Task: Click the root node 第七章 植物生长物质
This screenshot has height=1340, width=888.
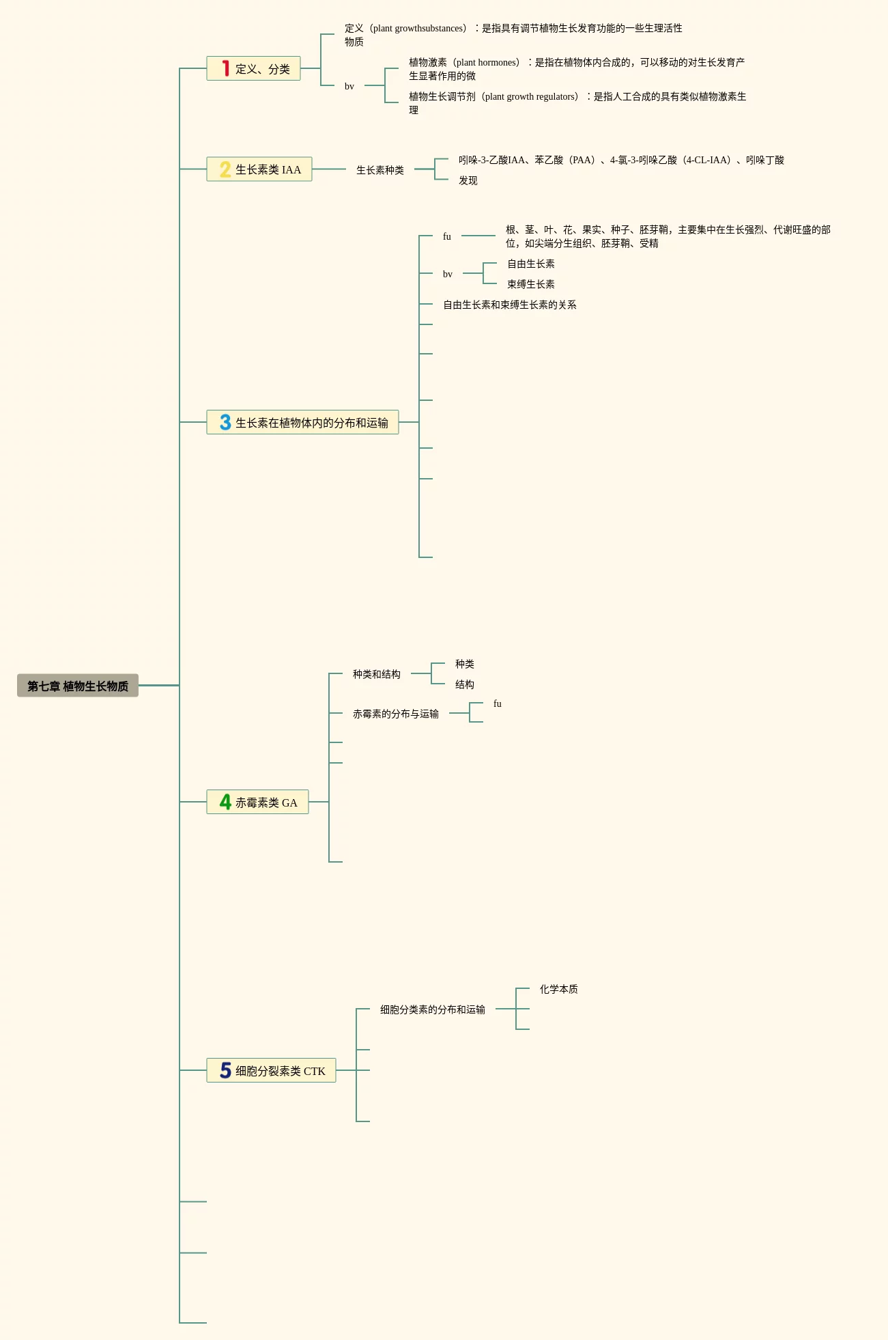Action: point(78,686)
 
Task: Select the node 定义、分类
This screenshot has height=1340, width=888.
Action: point(262,69)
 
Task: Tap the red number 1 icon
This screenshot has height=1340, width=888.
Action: point(225,68)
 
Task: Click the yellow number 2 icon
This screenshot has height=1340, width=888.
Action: point(225,169)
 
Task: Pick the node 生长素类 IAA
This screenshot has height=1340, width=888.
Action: point(268,169)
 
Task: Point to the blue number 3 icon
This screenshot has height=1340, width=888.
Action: point(225,423)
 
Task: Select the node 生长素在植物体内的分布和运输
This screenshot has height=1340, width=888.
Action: point(311,423)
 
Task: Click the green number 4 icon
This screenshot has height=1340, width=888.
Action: point(225,802)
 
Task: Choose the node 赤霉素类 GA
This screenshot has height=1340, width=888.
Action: point(266,802)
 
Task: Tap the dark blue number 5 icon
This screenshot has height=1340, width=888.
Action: point(225,1070)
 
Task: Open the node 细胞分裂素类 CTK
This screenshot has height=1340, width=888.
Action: point(280,1071)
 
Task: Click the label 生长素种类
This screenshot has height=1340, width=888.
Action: point(380,170)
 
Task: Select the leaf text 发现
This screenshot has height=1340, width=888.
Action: point(468,180)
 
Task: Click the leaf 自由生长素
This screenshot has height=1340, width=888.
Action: point(531,264)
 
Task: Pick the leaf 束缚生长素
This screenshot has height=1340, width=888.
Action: point(531,284)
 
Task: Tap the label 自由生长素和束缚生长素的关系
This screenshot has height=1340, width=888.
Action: point(510,305)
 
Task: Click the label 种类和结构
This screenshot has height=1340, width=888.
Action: point(377,674)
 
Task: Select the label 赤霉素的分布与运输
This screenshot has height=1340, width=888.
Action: point(396,714)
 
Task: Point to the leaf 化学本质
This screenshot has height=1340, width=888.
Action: point(559,989)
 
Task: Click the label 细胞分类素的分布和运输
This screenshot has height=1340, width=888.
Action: point(433,1009)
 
